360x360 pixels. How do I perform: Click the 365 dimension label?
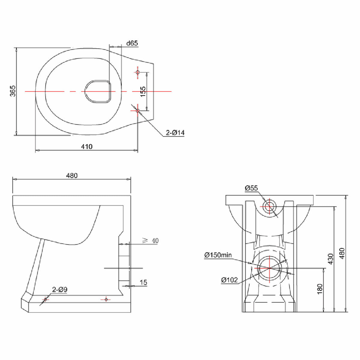pyautogui.click(x=13, y=91)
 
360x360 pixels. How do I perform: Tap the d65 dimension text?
pyautogui.click(x=132, y=43)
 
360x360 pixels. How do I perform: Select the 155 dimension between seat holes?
pyautogui.click(x=143, y=91)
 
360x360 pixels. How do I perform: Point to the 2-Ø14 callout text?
pyautogui.click(x=175, y=133)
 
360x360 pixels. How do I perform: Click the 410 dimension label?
pyautogui.click(x=87, y=146)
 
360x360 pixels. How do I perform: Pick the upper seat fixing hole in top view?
pyautogui.click(x=138, y=72)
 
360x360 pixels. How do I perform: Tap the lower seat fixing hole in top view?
pyautogui.click(x=138, y=111)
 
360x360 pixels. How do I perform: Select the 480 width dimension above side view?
pyautogui.click(x=72, y=175)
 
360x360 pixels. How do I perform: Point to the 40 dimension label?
pyautogui.click(x=155, y=241)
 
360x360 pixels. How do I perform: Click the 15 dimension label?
pyautogui.click(x=143, y=282)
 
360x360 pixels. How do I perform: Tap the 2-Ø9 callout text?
pyautogui.click(x=60, y=289)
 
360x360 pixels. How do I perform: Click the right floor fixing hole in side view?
pyautogui.click(x=106, y=299)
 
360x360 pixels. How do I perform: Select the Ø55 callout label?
pyautogui.click(x=251, y=188)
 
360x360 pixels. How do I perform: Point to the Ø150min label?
pyautogui.click(x=218, y=255)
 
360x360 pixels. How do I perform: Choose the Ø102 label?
pyautogui.click(x=229, y=280)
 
